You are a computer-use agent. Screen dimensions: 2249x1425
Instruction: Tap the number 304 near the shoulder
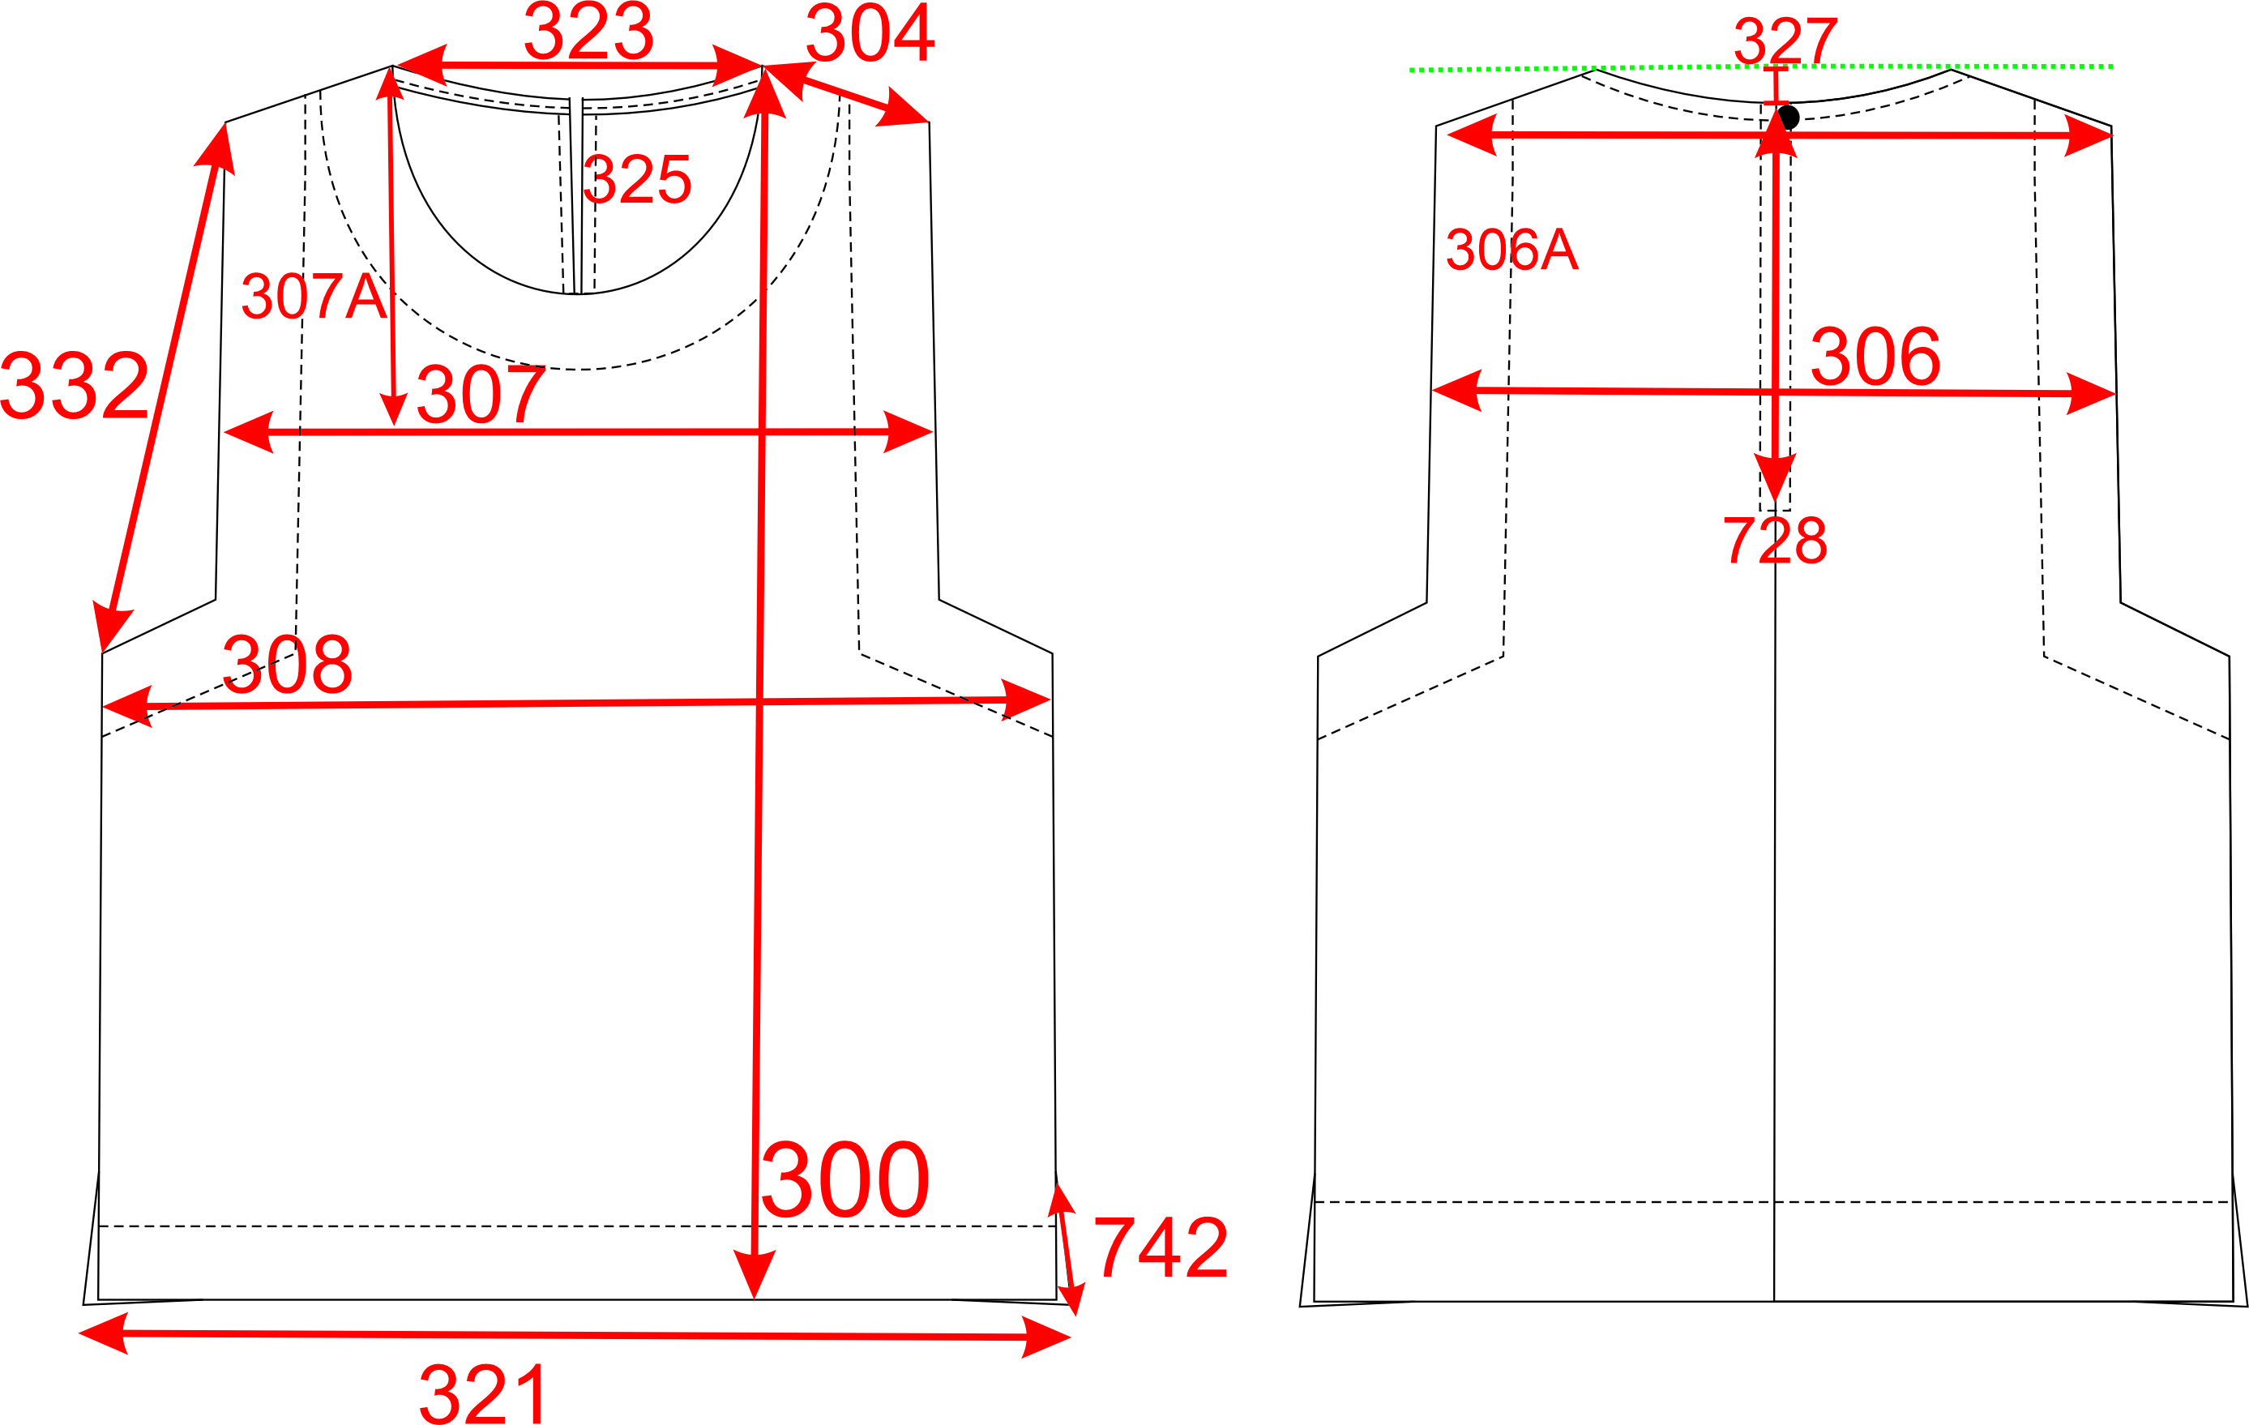[x=870, y=32]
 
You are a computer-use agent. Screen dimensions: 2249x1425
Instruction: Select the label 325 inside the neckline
[x=637, y=179]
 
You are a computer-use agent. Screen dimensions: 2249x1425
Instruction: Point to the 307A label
[x=314, y=296]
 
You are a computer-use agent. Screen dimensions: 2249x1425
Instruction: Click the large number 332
[x=75, y=385]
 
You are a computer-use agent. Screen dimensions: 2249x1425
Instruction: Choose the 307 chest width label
[x=480, y=394]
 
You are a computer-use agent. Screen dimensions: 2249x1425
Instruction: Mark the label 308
[x=287, y=664]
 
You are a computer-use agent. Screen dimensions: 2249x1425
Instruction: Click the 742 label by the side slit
[x=1160, y=1247]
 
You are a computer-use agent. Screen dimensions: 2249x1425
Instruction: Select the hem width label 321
[x=484, y=1394]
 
